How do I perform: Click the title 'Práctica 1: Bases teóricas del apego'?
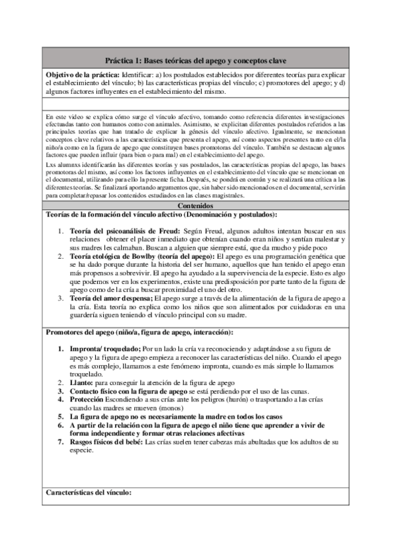tap(198, 59)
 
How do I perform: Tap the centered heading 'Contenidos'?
tap(198, 206)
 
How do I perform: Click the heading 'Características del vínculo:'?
tap(89, 492)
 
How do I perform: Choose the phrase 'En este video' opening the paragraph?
tap(64, 116)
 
